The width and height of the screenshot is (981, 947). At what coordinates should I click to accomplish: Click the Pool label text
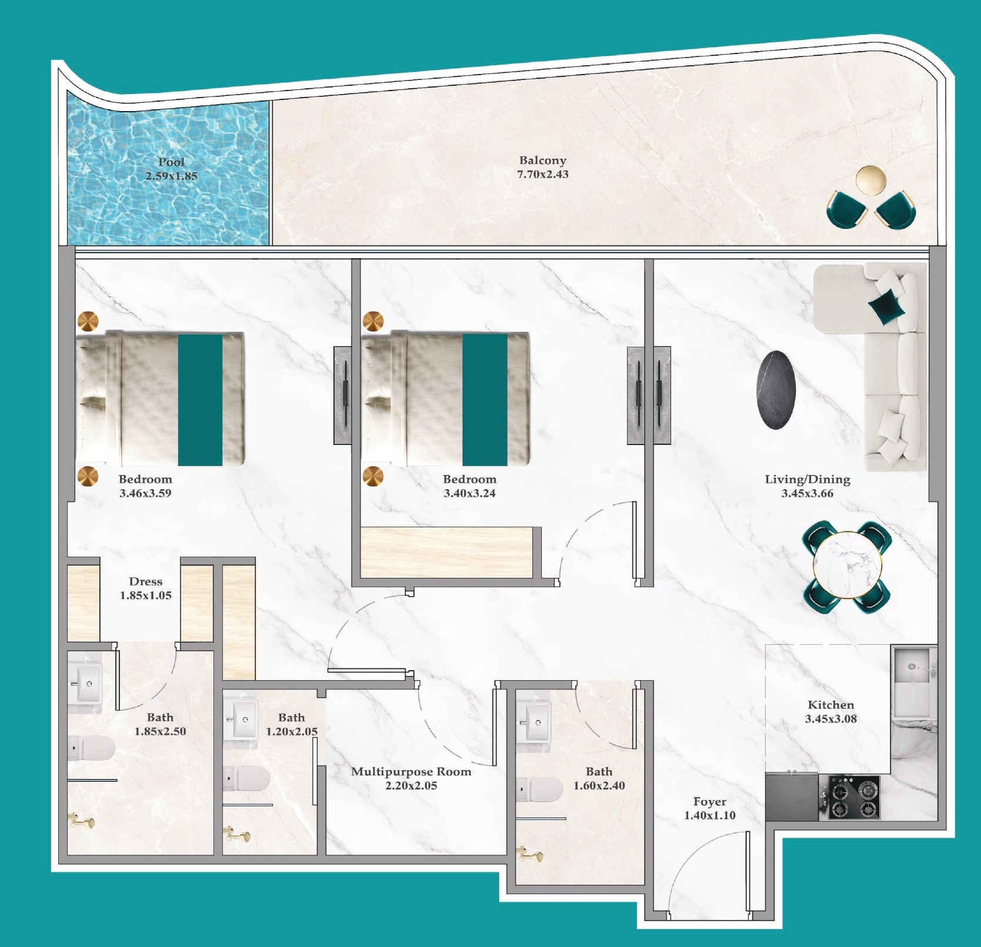tap(171, 162)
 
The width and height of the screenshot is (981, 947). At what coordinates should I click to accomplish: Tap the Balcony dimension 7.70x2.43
tap(543, 175)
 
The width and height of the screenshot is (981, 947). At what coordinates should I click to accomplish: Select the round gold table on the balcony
tap(870, 180)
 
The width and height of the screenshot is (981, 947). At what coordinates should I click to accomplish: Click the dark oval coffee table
tap(776, 390)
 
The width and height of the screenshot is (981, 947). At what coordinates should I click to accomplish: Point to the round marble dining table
tap(848, 565)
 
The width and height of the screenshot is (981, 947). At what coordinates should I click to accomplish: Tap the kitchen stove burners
tap(854, 798)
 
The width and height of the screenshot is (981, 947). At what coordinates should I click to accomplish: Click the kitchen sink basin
tap(912, 667)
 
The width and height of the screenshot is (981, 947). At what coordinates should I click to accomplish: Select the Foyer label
tap(709, 802)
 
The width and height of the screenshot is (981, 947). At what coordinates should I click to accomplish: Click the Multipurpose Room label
tap(411, 772)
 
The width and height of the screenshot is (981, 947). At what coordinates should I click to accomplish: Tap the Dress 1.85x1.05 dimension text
tap(146, 595)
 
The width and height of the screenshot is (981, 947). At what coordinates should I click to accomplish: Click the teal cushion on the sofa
tap(886, 306)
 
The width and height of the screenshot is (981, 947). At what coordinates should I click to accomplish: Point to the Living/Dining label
tap(807, 479)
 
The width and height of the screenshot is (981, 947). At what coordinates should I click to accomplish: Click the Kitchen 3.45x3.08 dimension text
tap(831, 719)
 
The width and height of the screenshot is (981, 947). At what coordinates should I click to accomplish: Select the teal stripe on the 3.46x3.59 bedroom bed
tap(200, 400)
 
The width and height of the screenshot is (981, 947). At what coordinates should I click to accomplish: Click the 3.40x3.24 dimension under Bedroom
tap(469, 494)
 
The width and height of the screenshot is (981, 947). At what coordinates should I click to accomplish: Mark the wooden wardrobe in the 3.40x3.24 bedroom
tap(446, 552)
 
